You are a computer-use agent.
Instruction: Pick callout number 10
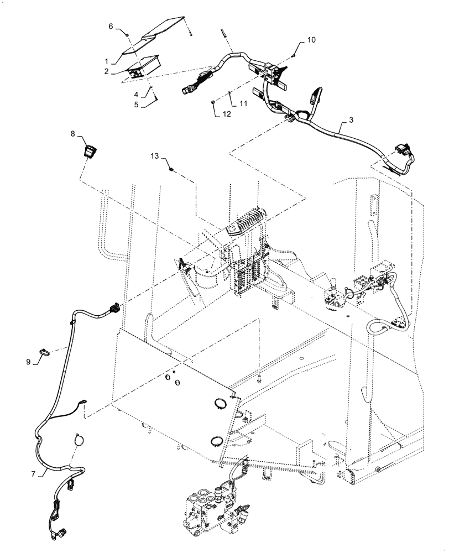coord(311,41)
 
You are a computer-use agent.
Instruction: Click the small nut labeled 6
coord(127,35)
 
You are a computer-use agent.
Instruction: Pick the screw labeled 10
coord(294,54)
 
